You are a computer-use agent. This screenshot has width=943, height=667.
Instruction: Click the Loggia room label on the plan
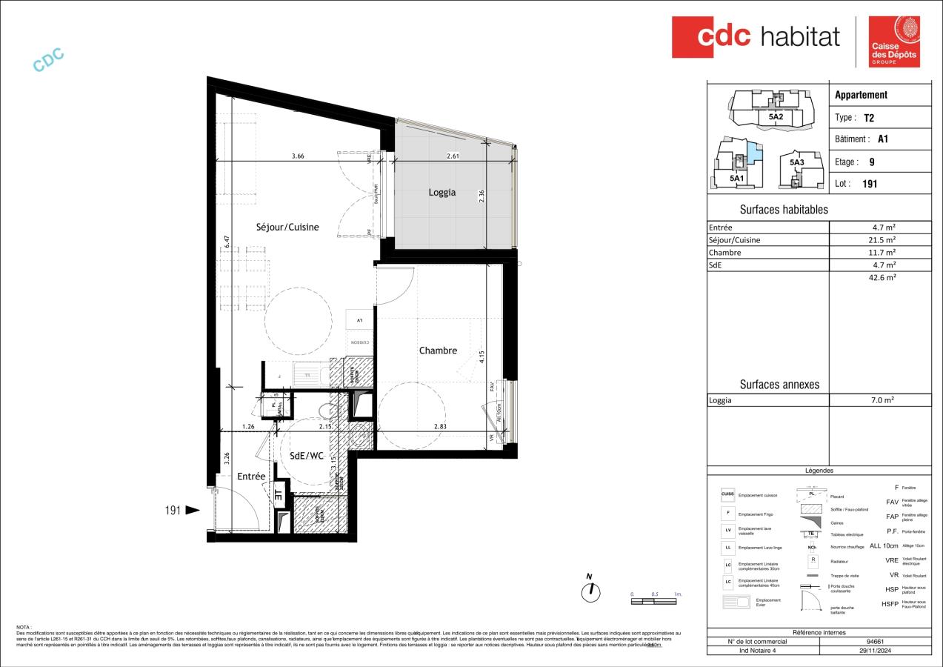(442, 193)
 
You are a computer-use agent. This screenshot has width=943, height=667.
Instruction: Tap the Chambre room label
(438, 351)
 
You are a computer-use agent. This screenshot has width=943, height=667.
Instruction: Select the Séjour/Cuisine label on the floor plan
(287, 228)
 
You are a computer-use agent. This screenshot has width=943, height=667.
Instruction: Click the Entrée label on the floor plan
(251, 477)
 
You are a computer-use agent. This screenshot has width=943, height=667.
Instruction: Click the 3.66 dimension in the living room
(298, 156)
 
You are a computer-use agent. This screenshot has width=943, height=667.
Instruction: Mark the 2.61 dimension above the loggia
(453, 156)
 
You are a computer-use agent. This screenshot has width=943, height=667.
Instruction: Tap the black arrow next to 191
(192, 510)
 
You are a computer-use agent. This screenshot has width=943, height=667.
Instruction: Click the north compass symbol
(590, 590)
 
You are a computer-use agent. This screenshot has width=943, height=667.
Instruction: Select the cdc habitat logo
(756, 36)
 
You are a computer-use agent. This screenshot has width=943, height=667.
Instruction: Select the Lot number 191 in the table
(870, 184)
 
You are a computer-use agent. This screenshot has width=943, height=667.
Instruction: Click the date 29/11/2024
(875, 650)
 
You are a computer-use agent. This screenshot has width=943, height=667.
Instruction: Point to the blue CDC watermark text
(49, 60)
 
